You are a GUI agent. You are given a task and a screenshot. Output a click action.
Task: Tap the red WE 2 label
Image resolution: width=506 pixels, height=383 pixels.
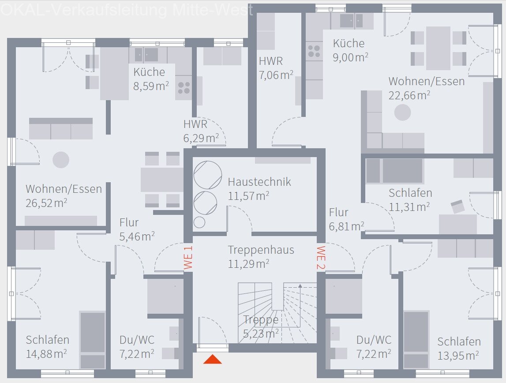tap(321, 257)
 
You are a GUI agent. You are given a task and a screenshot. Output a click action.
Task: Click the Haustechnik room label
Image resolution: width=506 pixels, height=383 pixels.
tap(259, 182)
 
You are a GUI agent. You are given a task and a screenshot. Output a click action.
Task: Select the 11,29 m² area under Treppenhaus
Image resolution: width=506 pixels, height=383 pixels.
tap(248, 264)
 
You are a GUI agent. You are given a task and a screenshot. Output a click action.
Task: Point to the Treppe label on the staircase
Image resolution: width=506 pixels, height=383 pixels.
tap(261, 320)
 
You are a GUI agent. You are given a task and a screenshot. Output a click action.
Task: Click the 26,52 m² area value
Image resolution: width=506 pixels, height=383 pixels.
tap(46, 203)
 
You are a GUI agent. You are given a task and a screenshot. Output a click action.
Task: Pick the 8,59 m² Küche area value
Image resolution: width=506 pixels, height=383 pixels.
tap(151, 86)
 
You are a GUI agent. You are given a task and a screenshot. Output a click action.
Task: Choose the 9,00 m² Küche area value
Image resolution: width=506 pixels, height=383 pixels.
tap(351, 57)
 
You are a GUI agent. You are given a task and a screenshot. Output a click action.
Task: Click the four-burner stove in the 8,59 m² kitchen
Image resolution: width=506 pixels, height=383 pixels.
tap(184, 88)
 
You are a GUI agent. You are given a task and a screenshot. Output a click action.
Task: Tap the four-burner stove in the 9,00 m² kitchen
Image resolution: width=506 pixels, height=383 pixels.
tap(314, 51)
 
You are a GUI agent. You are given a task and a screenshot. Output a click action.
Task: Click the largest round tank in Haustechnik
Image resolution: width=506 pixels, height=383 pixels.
tap(207, 175)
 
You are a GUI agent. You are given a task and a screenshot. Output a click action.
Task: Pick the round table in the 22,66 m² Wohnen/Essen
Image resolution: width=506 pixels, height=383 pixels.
tap(402, 113)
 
